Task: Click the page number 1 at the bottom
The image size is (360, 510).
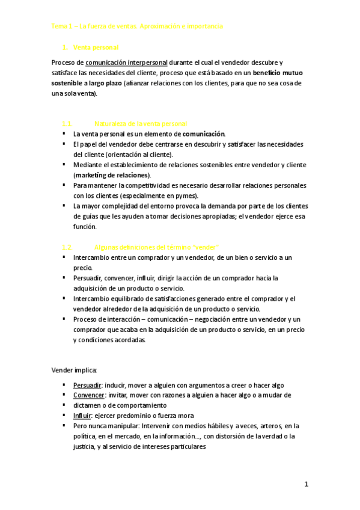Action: (306, 484)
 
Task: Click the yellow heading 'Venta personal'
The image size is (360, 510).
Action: (95, 47)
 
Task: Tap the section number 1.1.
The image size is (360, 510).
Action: (67, 123)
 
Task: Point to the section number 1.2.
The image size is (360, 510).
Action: (67, 247)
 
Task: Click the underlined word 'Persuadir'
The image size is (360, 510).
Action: (87, 385)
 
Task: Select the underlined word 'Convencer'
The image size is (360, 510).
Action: (88, 395)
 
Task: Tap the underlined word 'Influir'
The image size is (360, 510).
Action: (82, 416)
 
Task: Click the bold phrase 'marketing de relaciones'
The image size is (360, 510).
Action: (111, 174)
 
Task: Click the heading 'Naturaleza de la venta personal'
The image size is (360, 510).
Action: (141, 123)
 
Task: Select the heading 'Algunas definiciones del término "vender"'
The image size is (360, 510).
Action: (156, 247)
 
